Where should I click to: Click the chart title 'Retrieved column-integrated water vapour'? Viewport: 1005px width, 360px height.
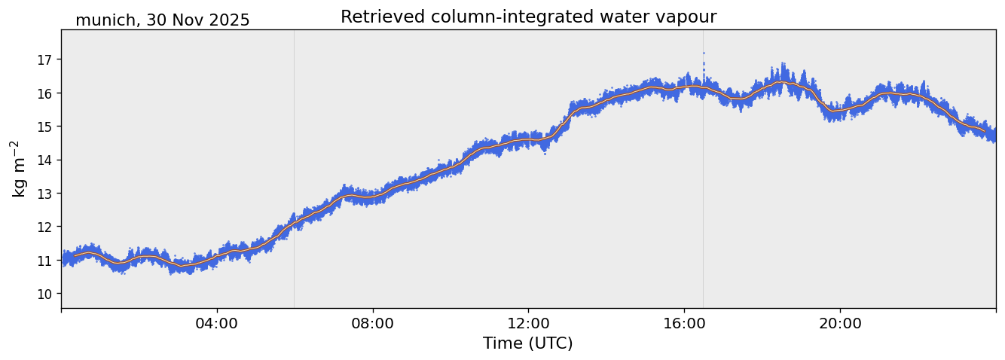528,17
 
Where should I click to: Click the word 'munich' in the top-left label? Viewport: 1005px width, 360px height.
101,21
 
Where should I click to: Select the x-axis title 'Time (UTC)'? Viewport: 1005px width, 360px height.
527,343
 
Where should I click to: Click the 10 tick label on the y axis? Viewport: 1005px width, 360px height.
47,294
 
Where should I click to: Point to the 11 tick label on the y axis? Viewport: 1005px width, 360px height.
47,261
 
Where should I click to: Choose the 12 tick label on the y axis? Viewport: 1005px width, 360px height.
47,227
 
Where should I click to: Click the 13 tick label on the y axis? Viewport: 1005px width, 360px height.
47,194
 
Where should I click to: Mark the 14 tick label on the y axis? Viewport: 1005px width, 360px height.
47,160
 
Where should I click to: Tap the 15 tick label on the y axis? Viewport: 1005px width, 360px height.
47,127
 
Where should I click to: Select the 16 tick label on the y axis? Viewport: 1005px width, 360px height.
47,93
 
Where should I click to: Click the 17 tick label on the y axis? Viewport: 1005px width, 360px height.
47,59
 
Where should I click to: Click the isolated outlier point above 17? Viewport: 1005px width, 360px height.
704,53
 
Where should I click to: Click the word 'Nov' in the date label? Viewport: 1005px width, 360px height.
186,21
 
